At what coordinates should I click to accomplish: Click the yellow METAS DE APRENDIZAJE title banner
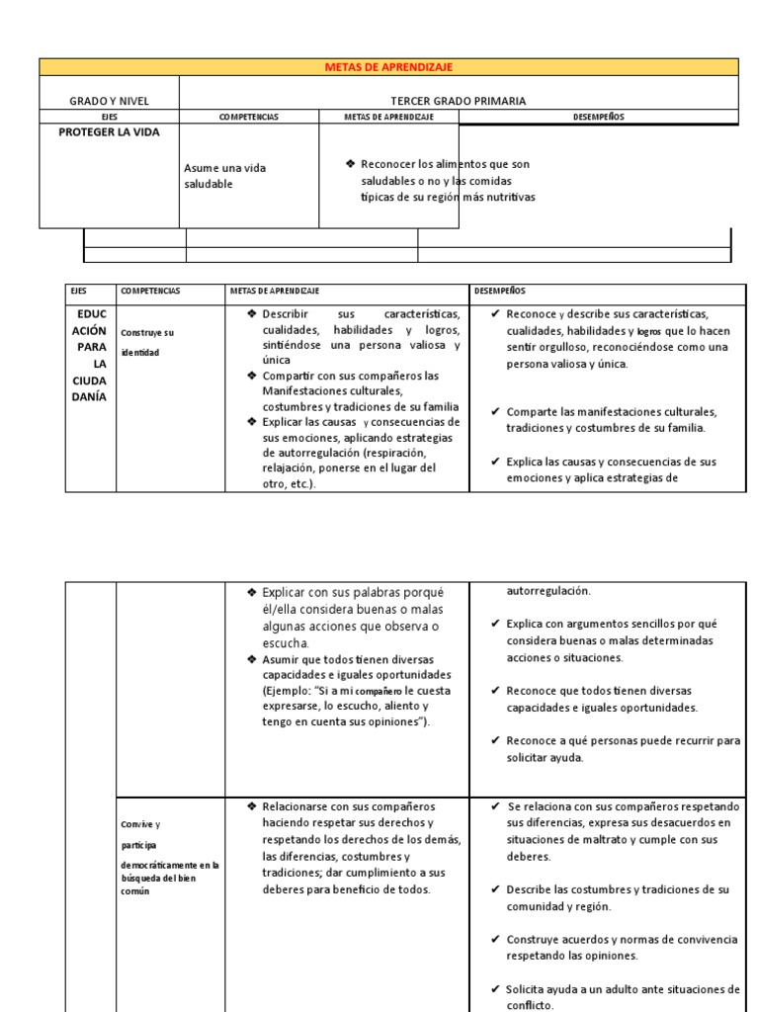(388, 66)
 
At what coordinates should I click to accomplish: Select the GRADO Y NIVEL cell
(109, 101)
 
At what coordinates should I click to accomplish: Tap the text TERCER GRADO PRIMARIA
(459, 101)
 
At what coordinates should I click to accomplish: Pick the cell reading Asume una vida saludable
(225, 176)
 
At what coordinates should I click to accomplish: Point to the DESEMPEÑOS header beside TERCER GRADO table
(598, 117)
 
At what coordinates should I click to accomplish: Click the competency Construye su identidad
(147, 342)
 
